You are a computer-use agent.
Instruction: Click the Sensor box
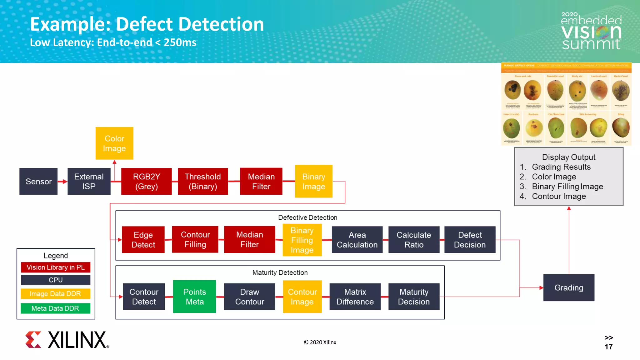tap(38, 181)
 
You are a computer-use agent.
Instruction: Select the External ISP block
tap(89, 181)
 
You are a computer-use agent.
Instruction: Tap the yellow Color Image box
tap(114, 143)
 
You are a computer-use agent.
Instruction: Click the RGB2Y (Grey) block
tap(146, 181)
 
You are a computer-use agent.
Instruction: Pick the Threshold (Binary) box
tap(202, 181)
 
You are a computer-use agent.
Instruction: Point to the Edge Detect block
tap(143, 239)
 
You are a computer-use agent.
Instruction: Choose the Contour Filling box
tap(195, 239)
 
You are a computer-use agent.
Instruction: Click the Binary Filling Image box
tap(302, 240)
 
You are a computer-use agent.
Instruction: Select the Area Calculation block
tap(357, 239)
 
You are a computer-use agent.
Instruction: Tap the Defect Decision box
tap(470, 239)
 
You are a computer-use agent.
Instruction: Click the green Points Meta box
tap(194, 296)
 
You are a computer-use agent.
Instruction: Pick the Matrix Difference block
tap(355, 296)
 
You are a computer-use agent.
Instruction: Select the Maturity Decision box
tap(414, 296)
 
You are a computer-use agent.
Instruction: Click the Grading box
tap(569, 287)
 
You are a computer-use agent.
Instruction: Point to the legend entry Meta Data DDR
tap(55, 308)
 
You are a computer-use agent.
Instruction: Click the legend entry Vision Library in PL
tap(55, 267)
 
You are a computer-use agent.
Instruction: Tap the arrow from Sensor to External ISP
tap(62, 181)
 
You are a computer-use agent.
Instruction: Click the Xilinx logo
tap(67, 340)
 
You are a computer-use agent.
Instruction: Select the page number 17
tap(608, 347)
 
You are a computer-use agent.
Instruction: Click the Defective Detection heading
tap(307, 217)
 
